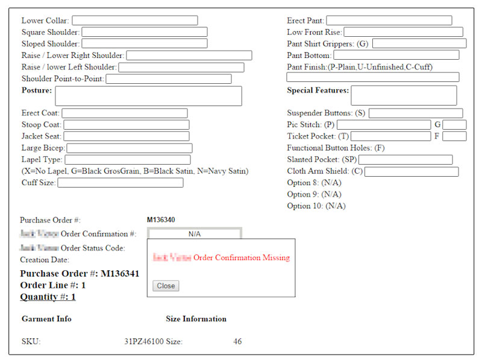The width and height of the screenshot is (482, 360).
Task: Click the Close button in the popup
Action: pyautogui.click(x=166, y=286)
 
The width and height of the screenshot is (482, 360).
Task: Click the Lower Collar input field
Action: pyautogui.click(x=134, y=21)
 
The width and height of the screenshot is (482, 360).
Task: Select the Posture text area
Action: pyautogui.click(x=148, y=96)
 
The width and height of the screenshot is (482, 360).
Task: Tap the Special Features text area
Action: pyautogui.click(x=403, y=95)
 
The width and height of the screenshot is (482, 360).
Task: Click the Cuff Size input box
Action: pyautogui.click(x=120, y=183)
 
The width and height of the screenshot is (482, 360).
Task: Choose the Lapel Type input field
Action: pyautogui.click(x=127, y=160)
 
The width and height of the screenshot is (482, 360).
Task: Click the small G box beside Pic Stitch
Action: pyautogui.click(x=454, y=125)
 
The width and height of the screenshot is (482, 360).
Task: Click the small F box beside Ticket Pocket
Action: pyautogui.click(x=454, y=136)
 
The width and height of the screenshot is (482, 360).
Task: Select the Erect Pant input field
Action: pyautogui.click(x=389, y=21)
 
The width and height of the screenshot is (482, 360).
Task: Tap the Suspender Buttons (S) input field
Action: pyautogui.click(x=415, y=113)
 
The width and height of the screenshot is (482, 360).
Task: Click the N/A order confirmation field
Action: pyautogui.click(x=194, y=233)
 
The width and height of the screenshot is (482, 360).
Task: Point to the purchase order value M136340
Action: pyautogui.click(x=161, y=220)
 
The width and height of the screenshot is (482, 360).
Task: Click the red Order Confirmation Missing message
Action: pyautogui.click(x=241, y=257)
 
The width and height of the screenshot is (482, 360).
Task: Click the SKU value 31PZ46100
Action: pyautogui.click(x=143, y=342)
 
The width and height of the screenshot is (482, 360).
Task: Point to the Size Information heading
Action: pyautogui.click(x=196, y=319)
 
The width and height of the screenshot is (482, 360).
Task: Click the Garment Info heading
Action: pyautogui.click(x=46, y=319)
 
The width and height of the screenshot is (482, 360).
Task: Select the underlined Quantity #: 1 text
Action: pyautogui.click(x=48, y=297)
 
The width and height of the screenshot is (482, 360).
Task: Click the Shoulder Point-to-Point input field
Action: pyautogui.click(x=168, y=79)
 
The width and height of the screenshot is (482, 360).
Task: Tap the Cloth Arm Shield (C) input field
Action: pyautogui.click(x=411, y=172)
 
